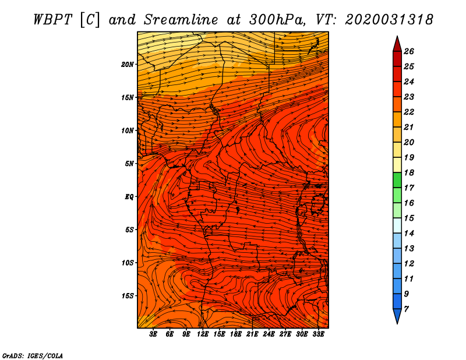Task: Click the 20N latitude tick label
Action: [x=127, y=65]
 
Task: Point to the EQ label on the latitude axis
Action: [x=129, y=197]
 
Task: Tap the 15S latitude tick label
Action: [x=127, y=296]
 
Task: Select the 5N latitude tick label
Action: [x=129, y=164]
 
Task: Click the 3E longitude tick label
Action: [x=153, y=334]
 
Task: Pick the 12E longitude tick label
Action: [x=202, y=334]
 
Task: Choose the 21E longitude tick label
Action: [x=252, y=334]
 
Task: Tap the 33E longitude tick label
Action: [x=318, y=334]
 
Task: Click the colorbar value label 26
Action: [x=409, y=51]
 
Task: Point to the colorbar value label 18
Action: [x=409, y=172]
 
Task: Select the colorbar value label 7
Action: [x=406, y=309]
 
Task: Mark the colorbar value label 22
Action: [x=409, y=112]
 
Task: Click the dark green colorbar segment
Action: [x=397, y=180]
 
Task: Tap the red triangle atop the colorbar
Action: [x=397, y=45]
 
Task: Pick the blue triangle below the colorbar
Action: [x=397, y=316]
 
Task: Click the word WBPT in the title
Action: [x=53, y=20]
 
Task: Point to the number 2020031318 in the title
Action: [x=389, y=20]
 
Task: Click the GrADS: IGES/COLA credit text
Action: [x=33, y=355]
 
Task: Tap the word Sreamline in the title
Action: [x=181, y=20]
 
